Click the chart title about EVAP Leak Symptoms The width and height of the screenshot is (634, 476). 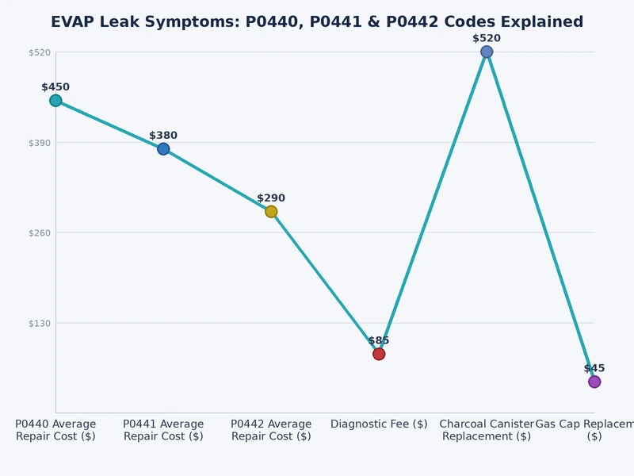point(317,22)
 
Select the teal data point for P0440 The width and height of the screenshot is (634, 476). point(55,101)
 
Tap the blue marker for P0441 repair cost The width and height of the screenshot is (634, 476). point(163,149)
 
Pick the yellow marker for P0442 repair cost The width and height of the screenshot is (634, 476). point(271,212)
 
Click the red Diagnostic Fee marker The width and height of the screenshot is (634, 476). point(379,354)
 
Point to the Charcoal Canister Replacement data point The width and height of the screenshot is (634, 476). point(487,52)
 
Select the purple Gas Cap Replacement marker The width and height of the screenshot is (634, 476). point(594,382)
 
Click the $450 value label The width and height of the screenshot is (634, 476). point(55,87)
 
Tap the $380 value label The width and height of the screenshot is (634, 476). point(163,136)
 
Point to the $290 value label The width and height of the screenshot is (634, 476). point(271,198)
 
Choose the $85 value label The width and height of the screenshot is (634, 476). point(379,340)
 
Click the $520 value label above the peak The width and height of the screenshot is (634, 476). point(487,38)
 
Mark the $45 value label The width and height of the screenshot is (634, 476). point(594,368)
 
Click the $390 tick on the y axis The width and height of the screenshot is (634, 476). point(40,143)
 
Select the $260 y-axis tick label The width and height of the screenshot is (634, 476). point(40,232)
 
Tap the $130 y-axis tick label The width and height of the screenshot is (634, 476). point(40,323)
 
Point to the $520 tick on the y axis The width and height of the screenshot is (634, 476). point(40,52)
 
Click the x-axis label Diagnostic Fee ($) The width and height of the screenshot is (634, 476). point(379,424)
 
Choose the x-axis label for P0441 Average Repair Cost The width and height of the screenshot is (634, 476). point(163,430)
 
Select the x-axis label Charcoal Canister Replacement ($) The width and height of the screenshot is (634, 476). point(487,430)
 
